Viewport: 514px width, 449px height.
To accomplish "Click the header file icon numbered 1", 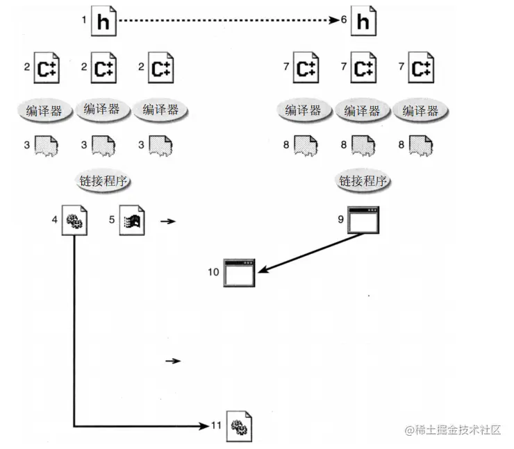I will [x=103, y=22].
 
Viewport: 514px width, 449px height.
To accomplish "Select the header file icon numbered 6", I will [x=363, y=22].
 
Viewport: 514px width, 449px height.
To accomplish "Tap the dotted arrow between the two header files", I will [x=229, y=22].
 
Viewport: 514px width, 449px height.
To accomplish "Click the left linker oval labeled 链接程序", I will [x=103, y=181].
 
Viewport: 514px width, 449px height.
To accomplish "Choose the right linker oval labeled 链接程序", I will [x=363, y=181].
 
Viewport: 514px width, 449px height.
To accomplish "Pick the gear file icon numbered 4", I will [x=74, y=221].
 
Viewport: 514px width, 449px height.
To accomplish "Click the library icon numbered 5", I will [x=133, y=221].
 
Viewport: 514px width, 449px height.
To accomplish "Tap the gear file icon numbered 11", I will [x=240, y=427].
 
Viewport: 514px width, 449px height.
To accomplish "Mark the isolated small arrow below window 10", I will [x=173, y=361].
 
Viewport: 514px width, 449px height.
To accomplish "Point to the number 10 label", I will [x=213, y=271].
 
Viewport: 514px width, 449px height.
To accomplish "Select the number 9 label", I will [x=340, y=219].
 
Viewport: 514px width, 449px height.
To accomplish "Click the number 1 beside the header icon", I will [x=84, y=20].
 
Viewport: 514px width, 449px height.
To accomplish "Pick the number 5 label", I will [x=111, y=219].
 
